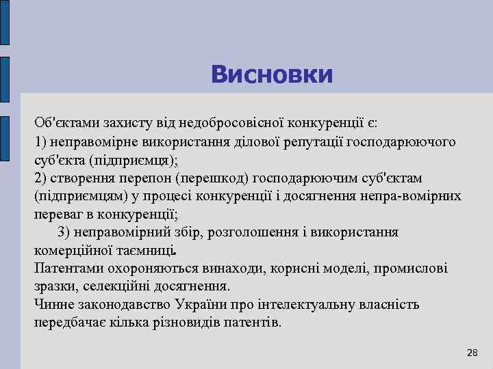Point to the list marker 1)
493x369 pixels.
coord(42,141)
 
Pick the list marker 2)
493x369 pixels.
coord(42,178)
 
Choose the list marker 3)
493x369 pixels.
coord(65,232)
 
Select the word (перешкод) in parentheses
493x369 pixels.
coord(212,178)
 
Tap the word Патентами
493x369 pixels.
coord(68,268)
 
